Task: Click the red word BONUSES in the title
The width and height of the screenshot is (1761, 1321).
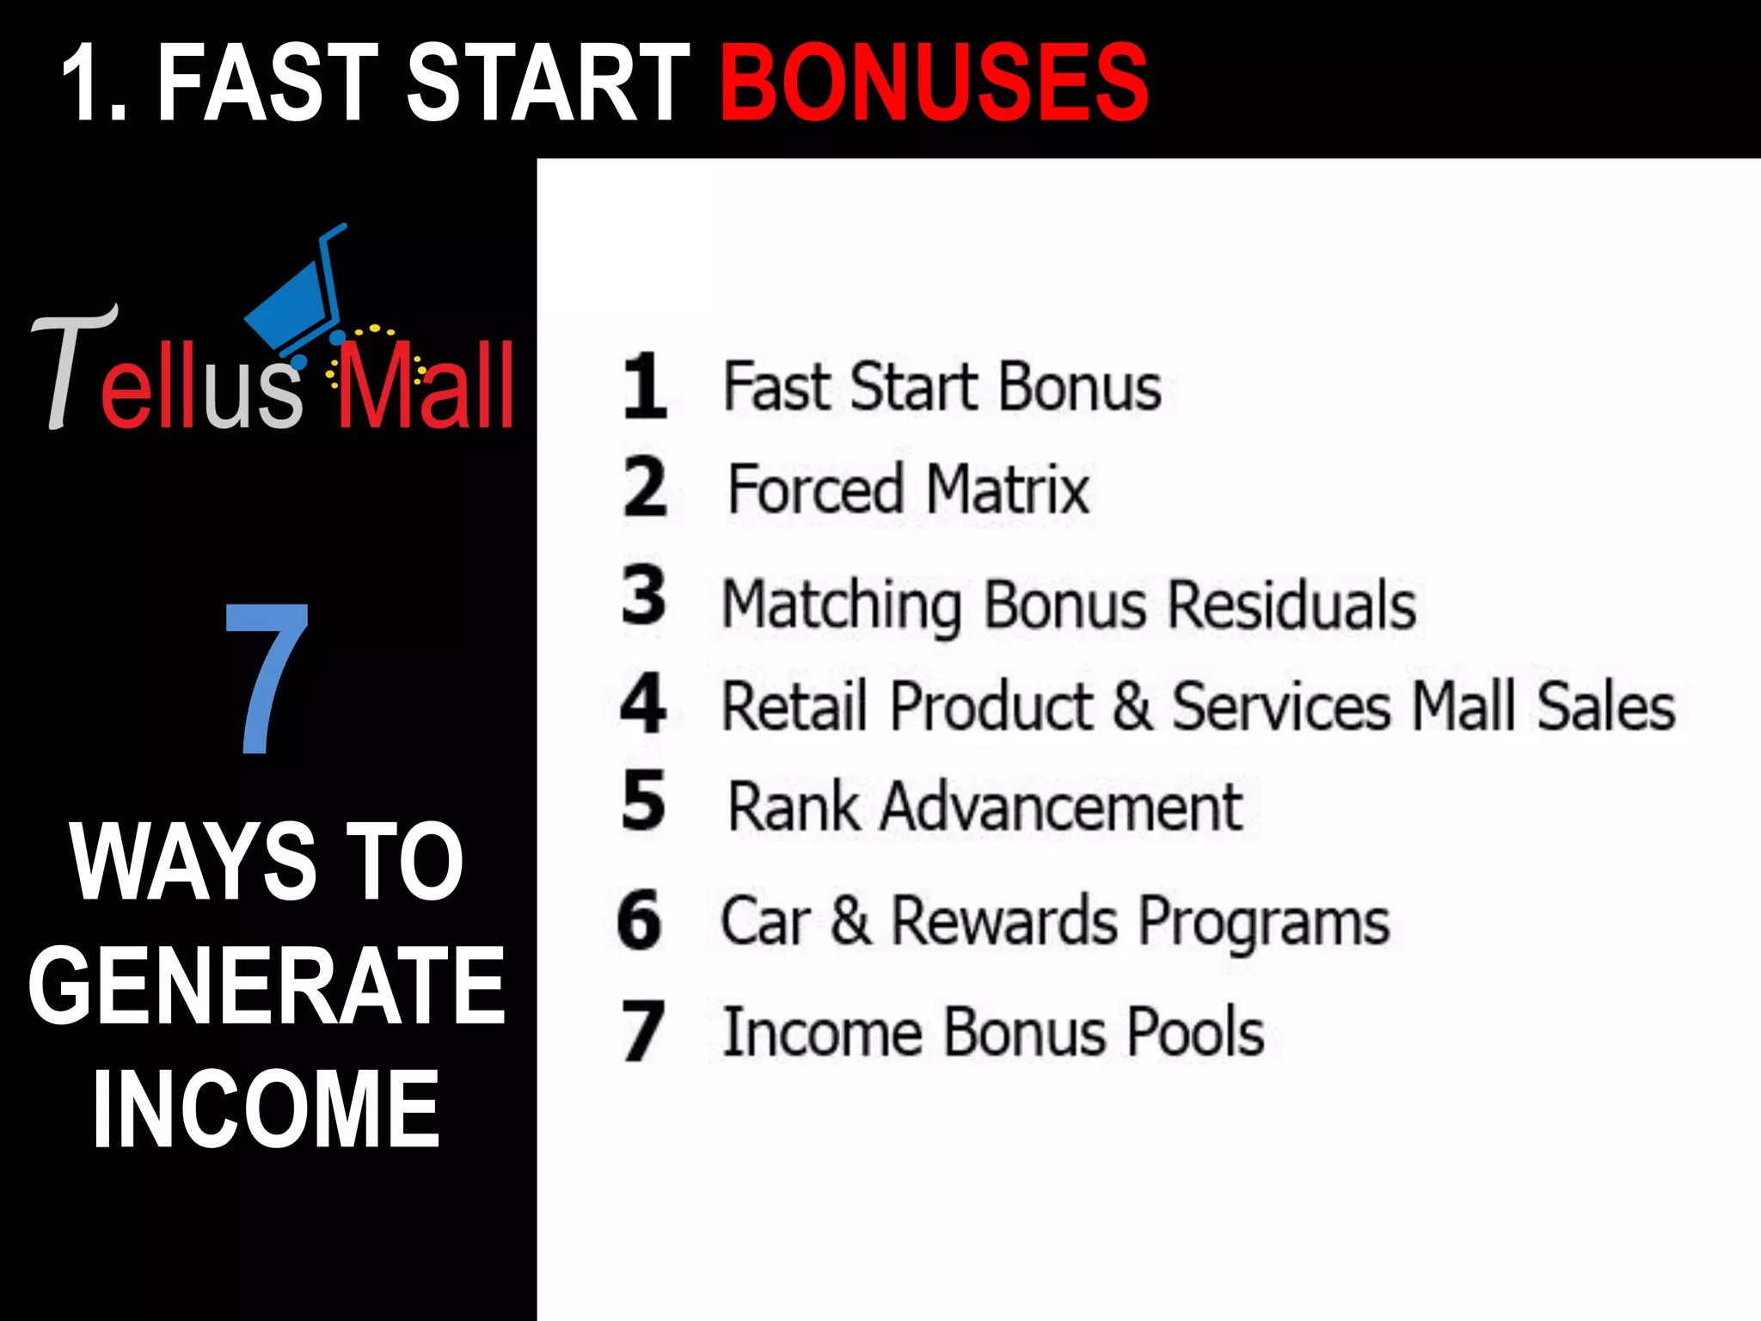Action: (934, 83)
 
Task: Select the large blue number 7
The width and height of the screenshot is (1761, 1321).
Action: (267, 678)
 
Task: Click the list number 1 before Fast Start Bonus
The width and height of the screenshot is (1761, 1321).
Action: (645, 386)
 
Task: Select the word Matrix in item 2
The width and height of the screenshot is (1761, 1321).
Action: (1008, 489)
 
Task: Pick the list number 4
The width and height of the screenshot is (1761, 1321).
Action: (643, 704)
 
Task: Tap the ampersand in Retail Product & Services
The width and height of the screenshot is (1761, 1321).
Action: (1132, 706)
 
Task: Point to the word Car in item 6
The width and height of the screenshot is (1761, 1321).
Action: (765, 921)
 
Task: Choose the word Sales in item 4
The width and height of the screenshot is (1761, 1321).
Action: (1606, 706)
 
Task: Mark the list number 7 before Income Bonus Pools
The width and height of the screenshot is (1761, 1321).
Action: (642, 1031)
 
